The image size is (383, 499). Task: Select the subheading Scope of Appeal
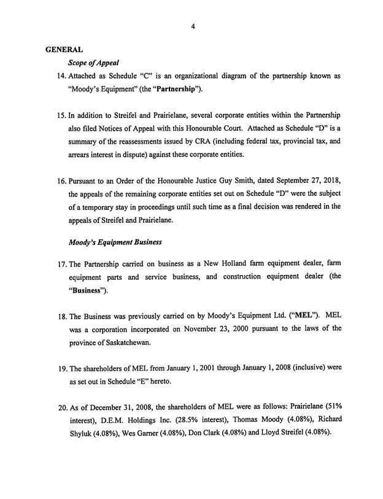coord(93,63)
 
